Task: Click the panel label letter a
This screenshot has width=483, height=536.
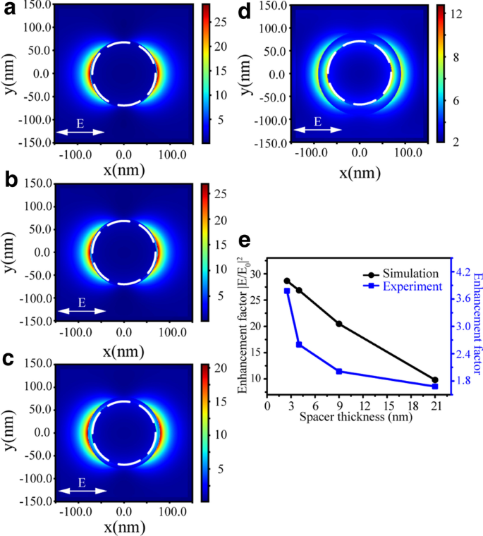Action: (x=8, y=10)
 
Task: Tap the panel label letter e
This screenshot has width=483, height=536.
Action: (x=245, y=241)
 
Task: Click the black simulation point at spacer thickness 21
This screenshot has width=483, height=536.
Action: (x=435, y=380)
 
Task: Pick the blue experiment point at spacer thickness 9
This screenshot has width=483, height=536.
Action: (x=339, y=372)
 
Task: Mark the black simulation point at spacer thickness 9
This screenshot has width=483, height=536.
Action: (x=339, y=324)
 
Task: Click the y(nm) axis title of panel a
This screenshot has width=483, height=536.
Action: (x=10, y=73)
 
